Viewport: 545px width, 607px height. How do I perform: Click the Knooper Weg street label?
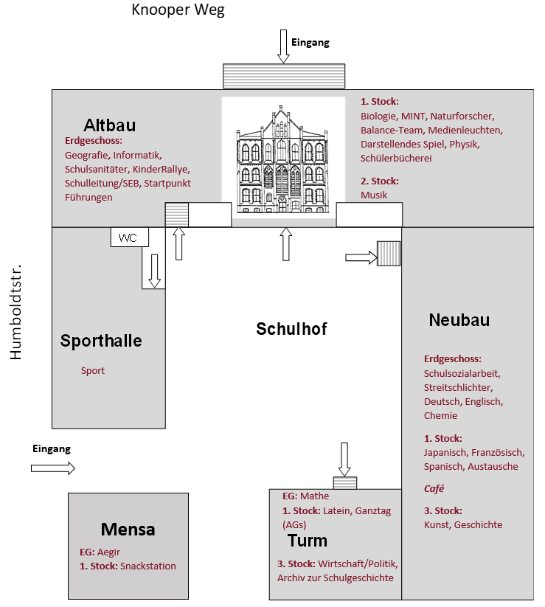(178, 10)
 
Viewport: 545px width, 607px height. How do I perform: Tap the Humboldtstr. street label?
(15, 313)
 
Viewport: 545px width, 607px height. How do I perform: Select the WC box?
(130, 237)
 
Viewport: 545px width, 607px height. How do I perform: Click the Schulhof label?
(291, 329)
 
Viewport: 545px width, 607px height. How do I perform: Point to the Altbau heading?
(110, 125)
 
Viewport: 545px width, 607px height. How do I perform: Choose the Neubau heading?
(459, 320)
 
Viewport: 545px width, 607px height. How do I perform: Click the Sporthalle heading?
(101, 341)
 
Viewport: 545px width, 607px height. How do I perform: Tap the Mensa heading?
(128, 530)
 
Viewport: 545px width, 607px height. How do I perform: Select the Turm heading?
(308, 541)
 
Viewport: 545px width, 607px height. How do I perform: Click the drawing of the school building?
(283, 159)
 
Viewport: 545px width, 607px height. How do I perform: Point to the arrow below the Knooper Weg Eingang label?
(284, 46)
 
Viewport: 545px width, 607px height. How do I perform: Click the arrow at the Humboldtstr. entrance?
(53, 468)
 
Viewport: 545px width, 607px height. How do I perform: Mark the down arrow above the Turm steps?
(344, 459)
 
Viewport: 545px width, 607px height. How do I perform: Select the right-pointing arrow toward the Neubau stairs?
(361, 258)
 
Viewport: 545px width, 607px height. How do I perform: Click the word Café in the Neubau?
(434, 488)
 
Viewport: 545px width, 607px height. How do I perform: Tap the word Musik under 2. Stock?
(374, 195)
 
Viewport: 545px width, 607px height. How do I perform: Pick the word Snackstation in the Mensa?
(147, 566)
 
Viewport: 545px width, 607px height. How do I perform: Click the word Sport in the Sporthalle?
(93, 370)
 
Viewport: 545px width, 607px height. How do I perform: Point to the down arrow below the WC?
(154, 271)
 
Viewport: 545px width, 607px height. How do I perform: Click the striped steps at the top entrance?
(284, 76)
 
